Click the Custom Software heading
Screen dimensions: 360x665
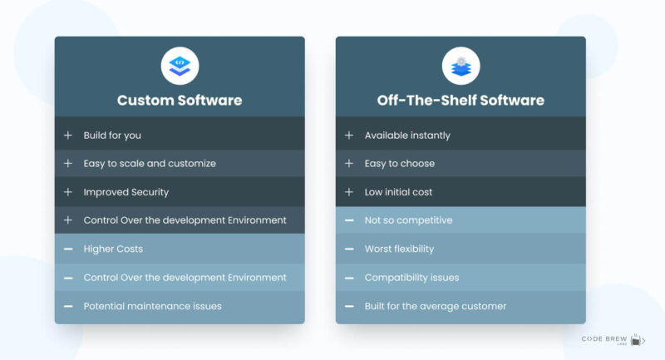coord(180,101)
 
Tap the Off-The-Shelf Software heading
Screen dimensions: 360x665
coord(461,101)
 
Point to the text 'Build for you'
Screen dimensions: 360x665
coord(118,136)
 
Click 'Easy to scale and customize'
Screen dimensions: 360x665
coord(150,164)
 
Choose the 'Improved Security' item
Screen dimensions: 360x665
coord(126,192)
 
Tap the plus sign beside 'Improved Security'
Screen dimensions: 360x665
coord(68,192)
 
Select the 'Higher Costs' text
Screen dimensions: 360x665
coord(114,249)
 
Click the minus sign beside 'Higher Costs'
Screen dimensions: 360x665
coord(68,249)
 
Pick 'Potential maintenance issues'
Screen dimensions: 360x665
coord(153,306)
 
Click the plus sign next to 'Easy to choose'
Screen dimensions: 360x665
coord(349,164)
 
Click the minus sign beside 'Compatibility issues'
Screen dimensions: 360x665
coord(349,278)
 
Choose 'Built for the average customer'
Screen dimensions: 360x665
coord(436,306)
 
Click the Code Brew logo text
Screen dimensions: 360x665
coord(605,339)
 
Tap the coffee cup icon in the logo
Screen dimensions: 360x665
coord(638,338)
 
